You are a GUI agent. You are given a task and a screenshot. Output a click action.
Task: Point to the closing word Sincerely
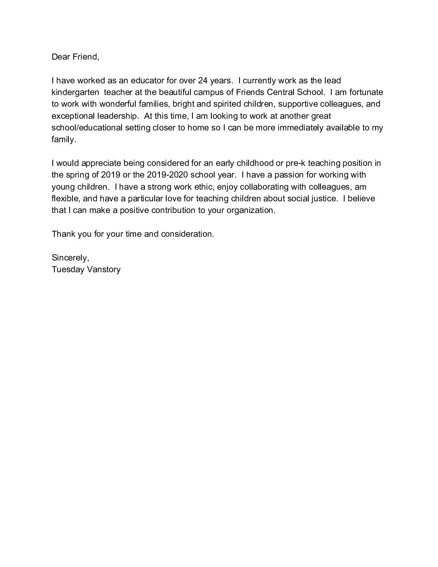70,258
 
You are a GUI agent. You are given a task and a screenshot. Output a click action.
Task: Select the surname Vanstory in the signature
103,269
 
